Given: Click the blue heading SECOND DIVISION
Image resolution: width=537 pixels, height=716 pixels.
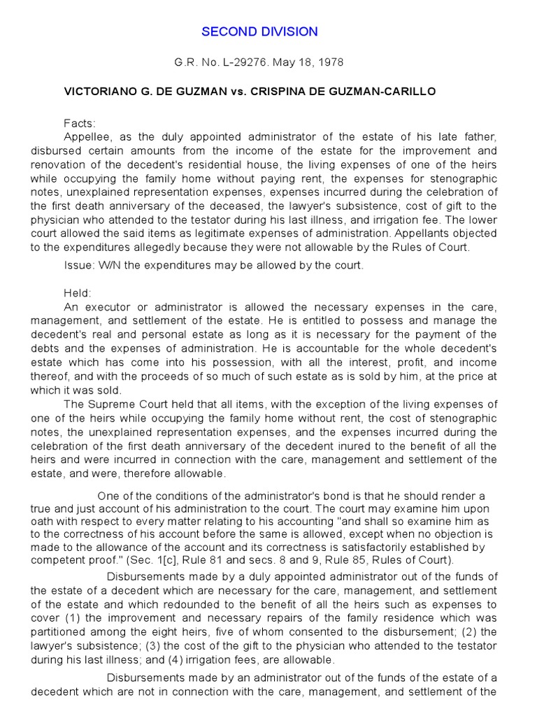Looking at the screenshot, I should pos(259,31).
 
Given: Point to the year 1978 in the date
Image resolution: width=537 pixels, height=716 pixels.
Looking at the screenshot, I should pos(331,62).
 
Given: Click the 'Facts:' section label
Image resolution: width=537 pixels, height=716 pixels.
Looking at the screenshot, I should pos(78,122).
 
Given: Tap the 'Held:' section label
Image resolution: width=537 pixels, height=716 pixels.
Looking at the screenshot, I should pos(78,293).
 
